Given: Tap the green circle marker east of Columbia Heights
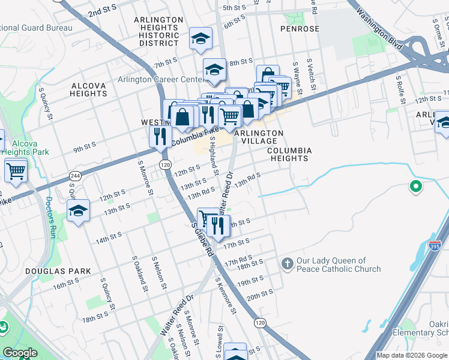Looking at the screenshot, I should [x=415, y=187].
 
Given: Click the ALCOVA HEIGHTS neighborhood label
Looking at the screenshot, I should [x=88, y=89].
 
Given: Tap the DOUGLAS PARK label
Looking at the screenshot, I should [x=58, y=271].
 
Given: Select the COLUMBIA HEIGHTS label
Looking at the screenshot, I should [x=288, y=154].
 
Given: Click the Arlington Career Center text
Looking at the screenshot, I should [x=160, y=80].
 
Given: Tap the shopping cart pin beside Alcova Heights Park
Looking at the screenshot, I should [x=16, y=171].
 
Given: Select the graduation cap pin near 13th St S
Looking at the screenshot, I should [x=78, y=211].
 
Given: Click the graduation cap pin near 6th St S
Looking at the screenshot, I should [x=200, y=40].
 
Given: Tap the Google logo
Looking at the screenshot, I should [x=20, y=353].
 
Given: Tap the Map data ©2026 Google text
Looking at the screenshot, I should [x=412, y=355].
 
